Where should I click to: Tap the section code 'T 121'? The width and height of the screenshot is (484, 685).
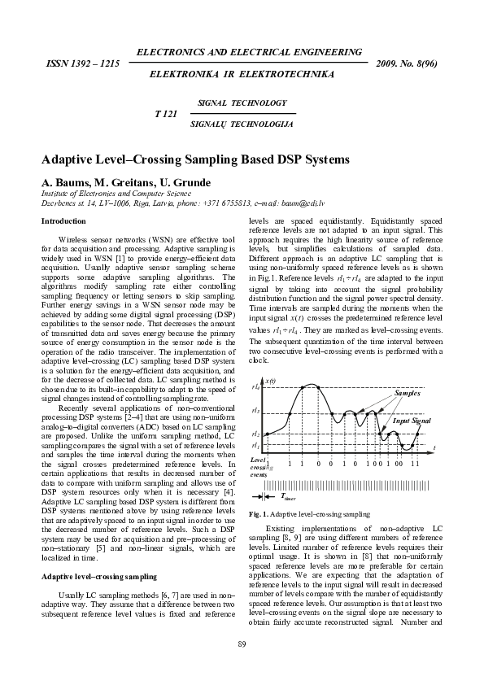pyautogui.click(x=166, y=114)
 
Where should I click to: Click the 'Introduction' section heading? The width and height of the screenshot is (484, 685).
pyautogui.click(x=63, y=220)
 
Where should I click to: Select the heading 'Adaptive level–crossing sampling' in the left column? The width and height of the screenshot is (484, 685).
pyautogui.click(x=98, y=530)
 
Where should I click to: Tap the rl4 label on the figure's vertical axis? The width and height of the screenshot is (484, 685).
pyautogui.click(x=255, y=388)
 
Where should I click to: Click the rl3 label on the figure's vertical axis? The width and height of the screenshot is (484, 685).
pyautogui.click(x=255, y=412)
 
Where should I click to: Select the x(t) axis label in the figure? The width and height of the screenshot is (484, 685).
pyautogui.click(x=271, y=381)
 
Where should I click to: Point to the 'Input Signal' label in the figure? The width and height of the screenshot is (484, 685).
pyautogui.click(x=412, y=421)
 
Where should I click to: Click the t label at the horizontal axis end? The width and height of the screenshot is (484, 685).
pyautogui.click(x=434, y=447)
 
